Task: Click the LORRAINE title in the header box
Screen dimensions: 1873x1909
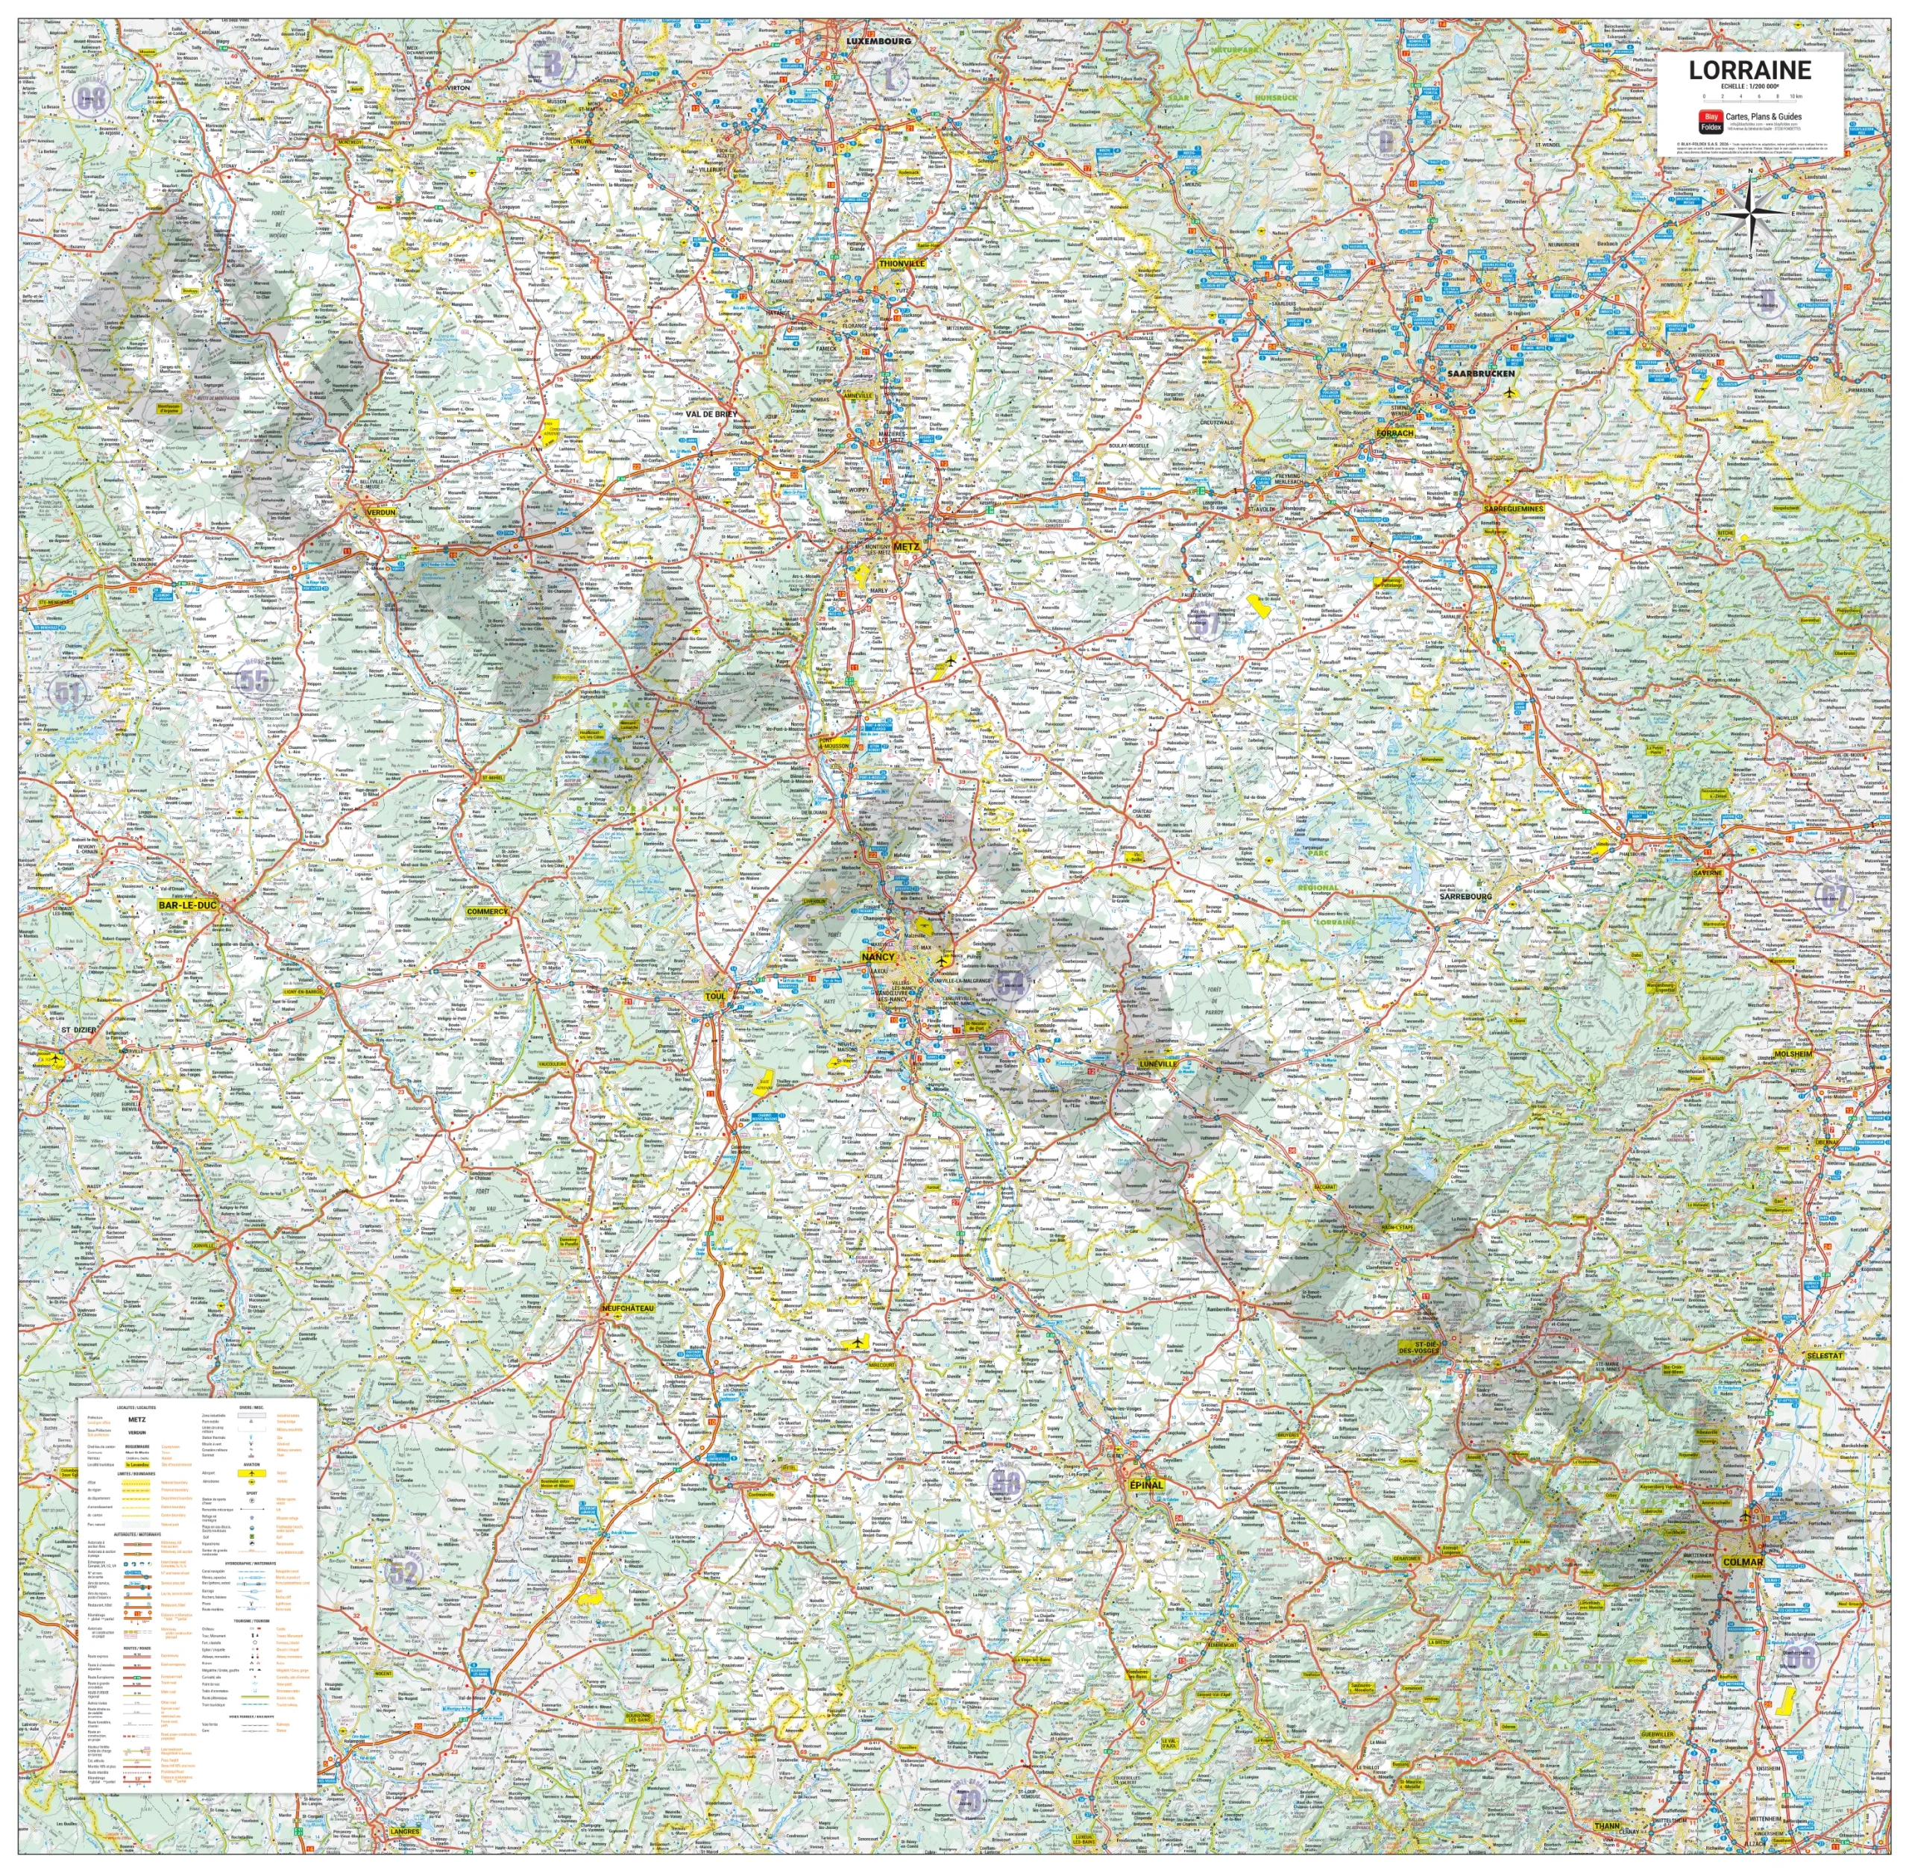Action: (x=1749, y=70)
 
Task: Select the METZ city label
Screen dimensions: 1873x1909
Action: (x=906, y=547)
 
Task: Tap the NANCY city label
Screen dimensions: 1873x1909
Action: (x=878, y=956)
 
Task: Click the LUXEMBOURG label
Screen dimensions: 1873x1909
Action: (x=878, y=41)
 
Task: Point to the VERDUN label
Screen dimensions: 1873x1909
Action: (x=380, y=512)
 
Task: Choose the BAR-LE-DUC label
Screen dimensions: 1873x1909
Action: (x=188, y=904)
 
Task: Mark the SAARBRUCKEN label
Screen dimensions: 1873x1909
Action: (x=1480, y=374)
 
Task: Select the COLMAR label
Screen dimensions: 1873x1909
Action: (x=1743, y=1561)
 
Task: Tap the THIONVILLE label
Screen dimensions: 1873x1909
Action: (x=902, y=263)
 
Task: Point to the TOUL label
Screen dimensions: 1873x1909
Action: (x=715, y=997)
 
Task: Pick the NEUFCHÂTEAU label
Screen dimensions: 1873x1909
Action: (x=627, y=1308)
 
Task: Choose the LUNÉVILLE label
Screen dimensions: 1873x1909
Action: (x=1157, y=1064)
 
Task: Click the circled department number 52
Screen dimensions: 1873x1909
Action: (x=403, y=1571)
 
